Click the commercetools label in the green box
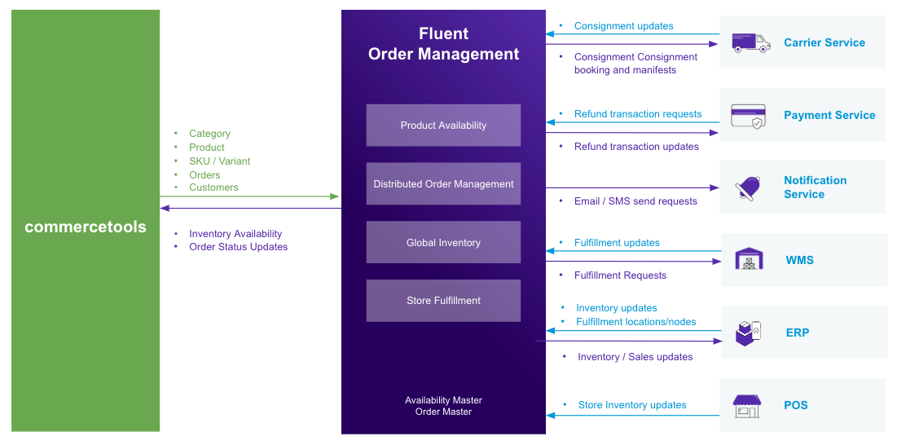coord(86,227)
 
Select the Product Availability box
coord(443,126)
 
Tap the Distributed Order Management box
coord(443,184)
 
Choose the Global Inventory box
coord(443,243)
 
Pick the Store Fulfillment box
coord(443,301)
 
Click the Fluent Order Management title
coord(443,44)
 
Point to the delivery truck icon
coord(750,42)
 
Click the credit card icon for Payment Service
coord(748,116)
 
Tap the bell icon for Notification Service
coord(748,188)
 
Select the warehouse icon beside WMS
coord(749,259)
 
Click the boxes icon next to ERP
coord(748,333)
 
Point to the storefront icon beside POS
coord(746,405)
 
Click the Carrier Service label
coord(824,42)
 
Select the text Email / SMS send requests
coord(635,201)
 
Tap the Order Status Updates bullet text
coord(238,247)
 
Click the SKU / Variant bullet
coord(219,161)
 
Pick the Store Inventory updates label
coord(632,405)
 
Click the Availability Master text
coord(443,400)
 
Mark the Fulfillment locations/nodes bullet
coord(635,322)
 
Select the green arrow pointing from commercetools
coord(249,196)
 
